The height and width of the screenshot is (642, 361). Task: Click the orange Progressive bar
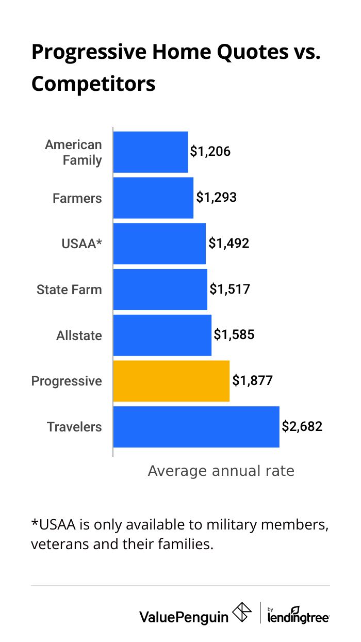171,381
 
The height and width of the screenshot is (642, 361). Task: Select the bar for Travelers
196,427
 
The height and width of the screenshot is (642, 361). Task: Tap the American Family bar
151,152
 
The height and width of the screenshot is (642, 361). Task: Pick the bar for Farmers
153,198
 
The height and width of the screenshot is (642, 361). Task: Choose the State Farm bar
160,290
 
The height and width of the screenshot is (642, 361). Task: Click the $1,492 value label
229,243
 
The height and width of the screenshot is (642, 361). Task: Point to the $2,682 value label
302,427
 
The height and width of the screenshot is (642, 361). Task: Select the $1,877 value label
252,381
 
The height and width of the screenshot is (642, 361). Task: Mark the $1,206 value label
210,152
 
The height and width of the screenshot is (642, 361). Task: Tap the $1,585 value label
234,335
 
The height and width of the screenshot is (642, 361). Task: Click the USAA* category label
78,244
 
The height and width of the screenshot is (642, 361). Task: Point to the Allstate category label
79,335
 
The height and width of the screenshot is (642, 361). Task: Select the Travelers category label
74,427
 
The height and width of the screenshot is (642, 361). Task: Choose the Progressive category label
67,381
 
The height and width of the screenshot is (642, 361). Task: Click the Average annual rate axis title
221,471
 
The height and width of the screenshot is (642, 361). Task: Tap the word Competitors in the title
93,84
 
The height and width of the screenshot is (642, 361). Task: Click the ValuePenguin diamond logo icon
242,613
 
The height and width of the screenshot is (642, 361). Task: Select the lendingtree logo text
299,616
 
